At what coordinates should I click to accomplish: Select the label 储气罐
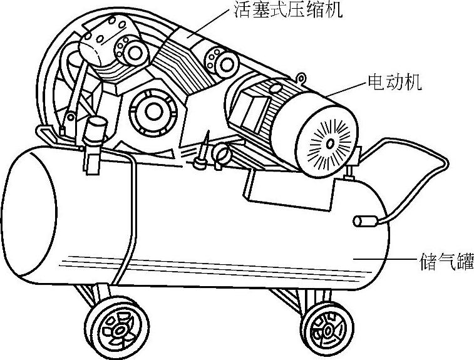(445, 260)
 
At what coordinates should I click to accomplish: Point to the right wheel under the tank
(325, 324)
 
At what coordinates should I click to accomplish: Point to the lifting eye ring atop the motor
(301, 78)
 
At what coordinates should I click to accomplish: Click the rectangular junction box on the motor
(250, 113)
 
